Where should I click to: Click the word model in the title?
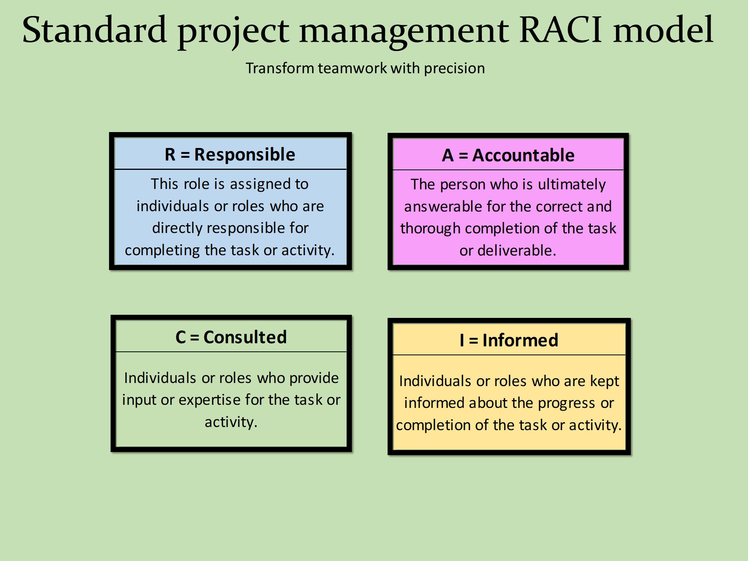tap(663, 30)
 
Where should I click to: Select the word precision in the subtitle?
tap(454, 69)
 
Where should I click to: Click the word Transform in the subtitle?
tap(280, 68)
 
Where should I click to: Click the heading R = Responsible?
tap(230, 155)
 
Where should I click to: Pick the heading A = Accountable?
tap(508, 155)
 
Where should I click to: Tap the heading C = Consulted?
tap(231, 337)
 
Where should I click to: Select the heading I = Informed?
tap(509, 340)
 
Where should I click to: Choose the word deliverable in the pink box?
tap(516, 251)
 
